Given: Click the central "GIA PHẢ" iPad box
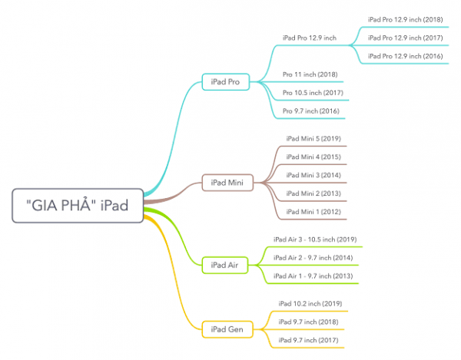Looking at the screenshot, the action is [78, 206].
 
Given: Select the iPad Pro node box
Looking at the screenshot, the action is [225, 82].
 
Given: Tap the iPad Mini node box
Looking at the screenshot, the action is [227, 183].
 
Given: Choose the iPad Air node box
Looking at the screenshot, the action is [224, 265].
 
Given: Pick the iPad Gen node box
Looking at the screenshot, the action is [227, 329].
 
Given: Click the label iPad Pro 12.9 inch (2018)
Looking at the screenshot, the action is [405, 20].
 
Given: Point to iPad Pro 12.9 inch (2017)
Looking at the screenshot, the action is [405, 38].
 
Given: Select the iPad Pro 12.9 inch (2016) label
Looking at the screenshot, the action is [405, 56].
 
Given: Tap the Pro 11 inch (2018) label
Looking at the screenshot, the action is [310, 74].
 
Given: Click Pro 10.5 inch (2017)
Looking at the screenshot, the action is [313, 93].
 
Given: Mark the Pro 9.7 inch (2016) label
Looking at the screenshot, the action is [310, 111].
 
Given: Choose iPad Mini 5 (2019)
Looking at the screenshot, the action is [313, 139].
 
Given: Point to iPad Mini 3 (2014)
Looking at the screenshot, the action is [313, 175].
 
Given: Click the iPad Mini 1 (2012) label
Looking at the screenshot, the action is [313, 212].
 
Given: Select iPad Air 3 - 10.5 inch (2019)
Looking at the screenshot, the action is [315, 239].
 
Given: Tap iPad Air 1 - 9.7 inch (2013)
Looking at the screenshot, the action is [313, 276].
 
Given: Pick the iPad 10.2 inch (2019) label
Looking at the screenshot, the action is [310, 304].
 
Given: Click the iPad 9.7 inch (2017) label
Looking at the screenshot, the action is [308, 340].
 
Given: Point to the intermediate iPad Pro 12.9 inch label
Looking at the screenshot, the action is [310, 38].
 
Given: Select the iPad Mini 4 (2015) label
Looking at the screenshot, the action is [313, 157].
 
